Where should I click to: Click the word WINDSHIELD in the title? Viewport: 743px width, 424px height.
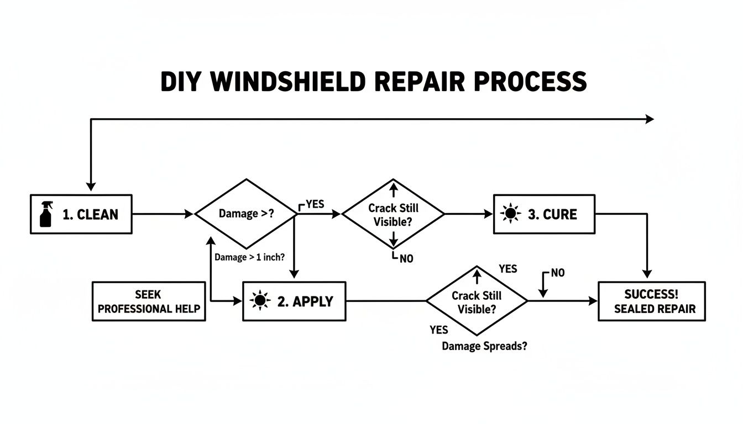(x=287, y=82)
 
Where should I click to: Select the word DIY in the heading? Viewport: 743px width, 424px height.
(x=183, y=82)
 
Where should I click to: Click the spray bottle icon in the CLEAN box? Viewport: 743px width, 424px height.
(x=46, y=214)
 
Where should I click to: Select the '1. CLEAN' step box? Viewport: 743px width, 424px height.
(x=81, y=214)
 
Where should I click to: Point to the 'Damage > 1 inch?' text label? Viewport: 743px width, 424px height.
(x=249, y=257)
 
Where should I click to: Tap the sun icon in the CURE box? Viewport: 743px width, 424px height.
(x=510, y=214)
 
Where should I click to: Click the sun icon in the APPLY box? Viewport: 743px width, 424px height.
(x=260, y=301)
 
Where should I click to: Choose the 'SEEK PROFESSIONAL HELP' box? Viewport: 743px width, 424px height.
(x=149, y=301)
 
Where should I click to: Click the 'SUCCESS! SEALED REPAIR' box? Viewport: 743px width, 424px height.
(x=652, y=301)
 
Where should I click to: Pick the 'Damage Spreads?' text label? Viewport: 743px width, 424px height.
(x=484, y=347)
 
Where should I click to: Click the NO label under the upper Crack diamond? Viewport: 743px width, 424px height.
(x=405, y=258)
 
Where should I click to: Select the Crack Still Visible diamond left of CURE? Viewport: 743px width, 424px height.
(x=393, y=214)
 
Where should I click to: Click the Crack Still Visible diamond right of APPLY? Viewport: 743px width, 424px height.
(x=477, y=301)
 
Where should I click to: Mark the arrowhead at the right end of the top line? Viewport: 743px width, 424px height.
(x=649, y=119)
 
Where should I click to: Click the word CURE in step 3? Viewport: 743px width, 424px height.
(x=560, y=214)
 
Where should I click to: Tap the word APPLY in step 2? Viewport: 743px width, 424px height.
(x=313, y=301)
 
